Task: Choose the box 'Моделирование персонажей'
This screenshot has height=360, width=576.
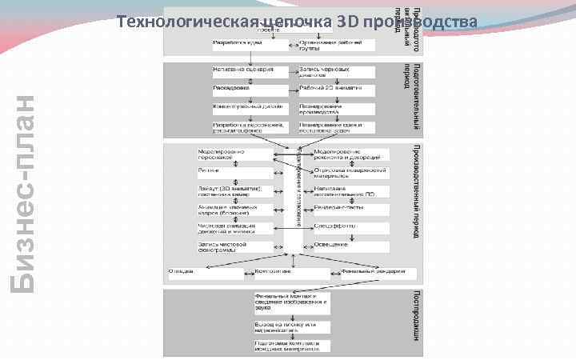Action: (233, 154)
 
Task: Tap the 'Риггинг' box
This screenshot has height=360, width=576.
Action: (233, 172)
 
